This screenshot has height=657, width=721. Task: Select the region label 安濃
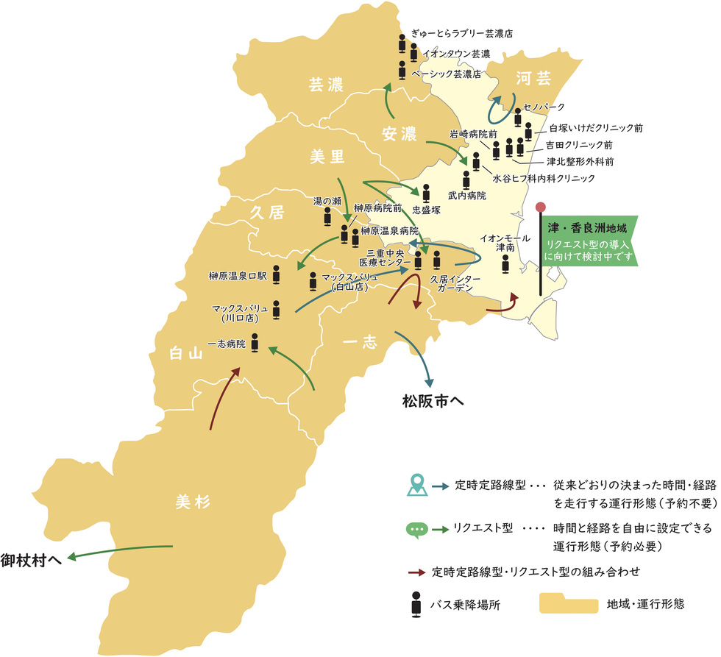[399, 134]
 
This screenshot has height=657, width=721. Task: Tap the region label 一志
[360, 342]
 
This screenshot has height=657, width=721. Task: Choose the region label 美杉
[193, 502]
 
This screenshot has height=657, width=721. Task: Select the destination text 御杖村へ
[30, 559]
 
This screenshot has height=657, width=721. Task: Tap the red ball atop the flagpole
[541, 208]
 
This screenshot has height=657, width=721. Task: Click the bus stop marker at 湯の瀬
[327, 216]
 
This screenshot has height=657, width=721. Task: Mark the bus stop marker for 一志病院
[255, 342]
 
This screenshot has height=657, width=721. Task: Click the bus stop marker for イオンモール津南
[505, 264]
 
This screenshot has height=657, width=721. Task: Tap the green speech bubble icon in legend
[416, 529]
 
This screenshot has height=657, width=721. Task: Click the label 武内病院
[466, 196]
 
